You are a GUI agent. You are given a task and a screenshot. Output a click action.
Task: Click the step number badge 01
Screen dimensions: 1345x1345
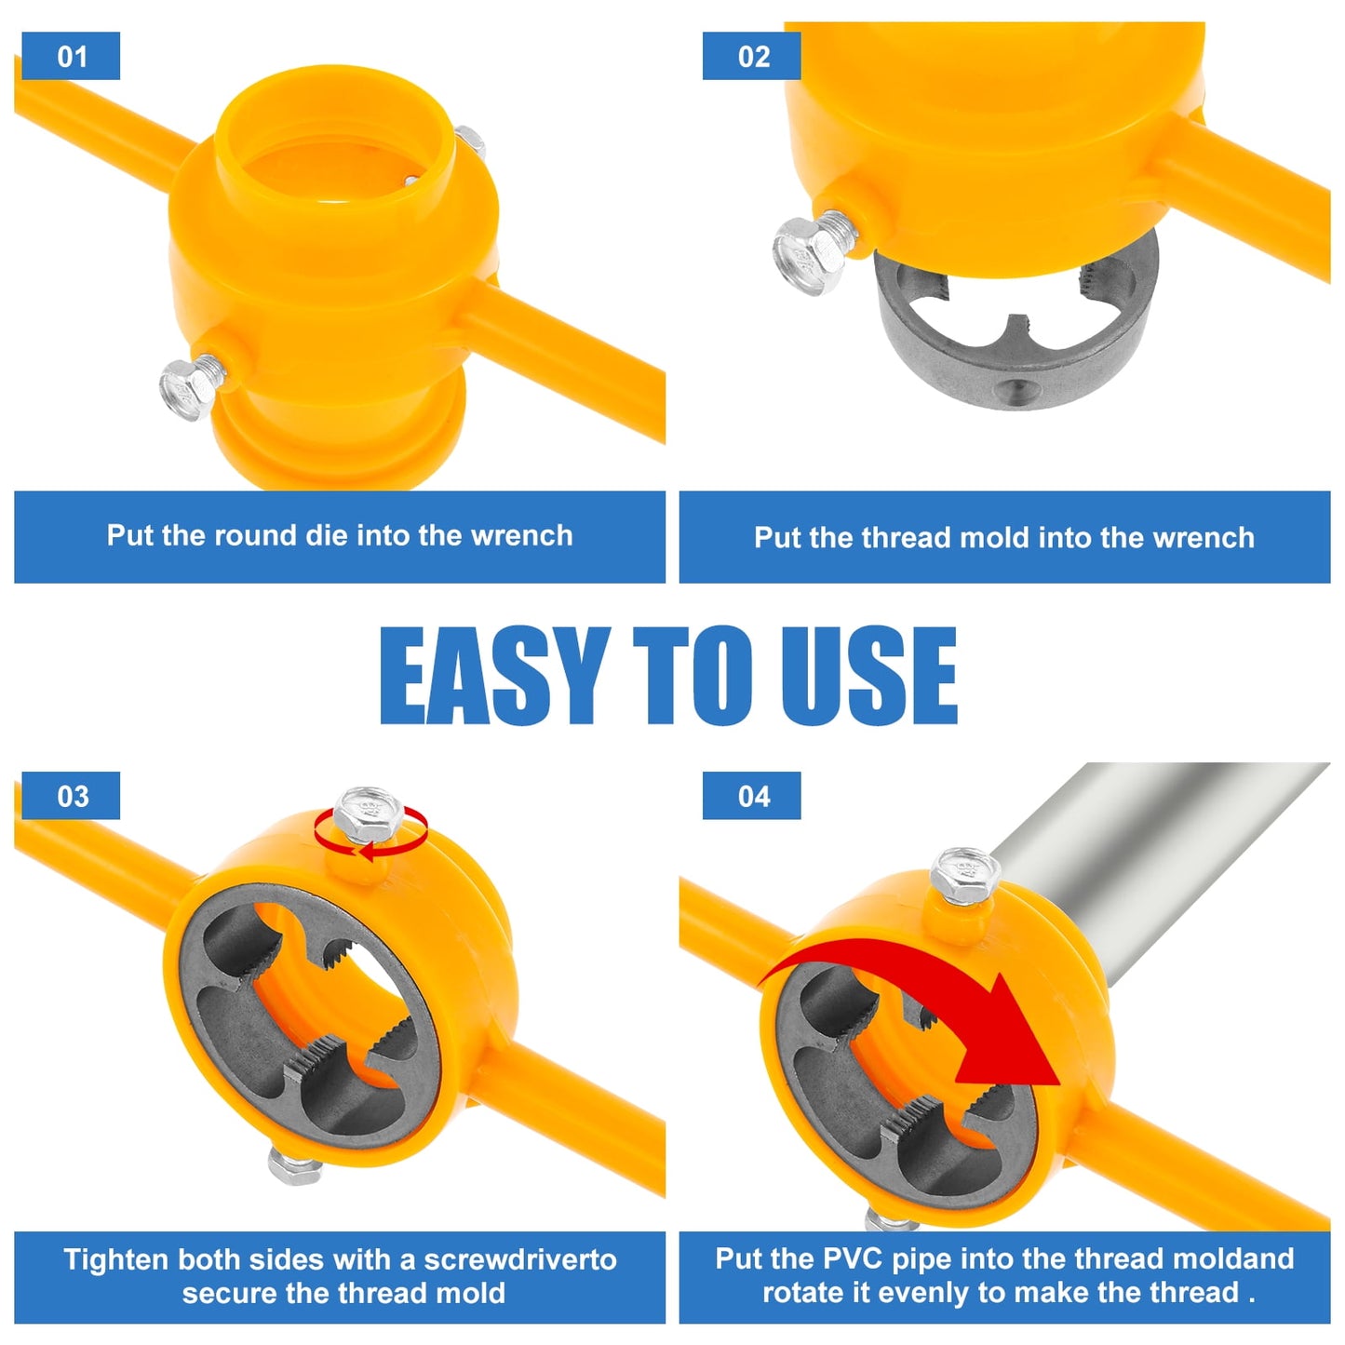pos(71,56)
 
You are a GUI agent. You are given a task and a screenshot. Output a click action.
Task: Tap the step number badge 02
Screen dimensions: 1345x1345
pos(751,56)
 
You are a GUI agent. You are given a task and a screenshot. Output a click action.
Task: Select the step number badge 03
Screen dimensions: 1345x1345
pos(71,796)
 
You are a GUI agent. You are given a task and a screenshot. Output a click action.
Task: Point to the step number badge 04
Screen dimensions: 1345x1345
pos(751,796)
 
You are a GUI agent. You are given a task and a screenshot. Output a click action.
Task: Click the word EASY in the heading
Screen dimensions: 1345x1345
pos(493,675)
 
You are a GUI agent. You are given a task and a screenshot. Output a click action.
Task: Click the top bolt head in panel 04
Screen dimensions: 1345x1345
pos(966,872)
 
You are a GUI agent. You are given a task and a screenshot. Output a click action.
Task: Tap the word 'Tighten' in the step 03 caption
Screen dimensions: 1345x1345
pos(116,1259)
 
